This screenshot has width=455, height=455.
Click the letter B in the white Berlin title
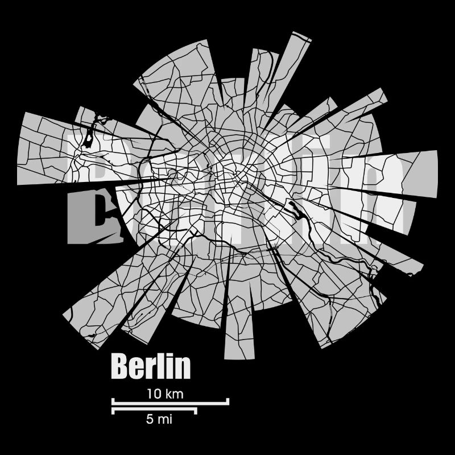(x=120, y=367)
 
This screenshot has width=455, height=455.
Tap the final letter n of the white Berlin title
(x=183, y=369)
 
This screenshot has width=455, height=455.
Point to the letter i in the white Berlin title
(x=169, y=367)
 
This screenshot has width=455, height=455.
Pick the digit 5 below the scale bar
(x=149, y=420)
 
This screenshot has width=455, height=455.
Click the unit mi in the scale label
(x=165, y=420)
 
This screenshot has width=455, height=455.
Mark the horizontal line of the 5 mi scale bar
(x=154, y=409)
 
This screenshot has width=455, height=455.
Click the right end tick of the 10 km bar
(x=227, y=401)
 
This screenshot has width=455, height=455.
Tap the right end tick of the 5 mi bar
(x=196, y=411)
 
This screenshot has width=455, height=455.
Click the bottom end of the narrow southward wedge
(x=239, y=355)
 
